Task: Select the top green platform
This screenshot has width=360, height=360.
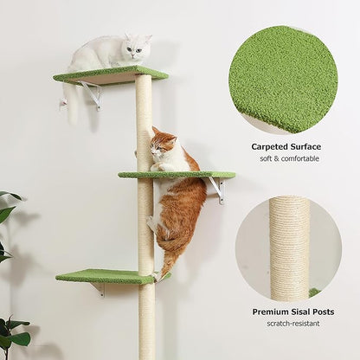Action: (x=110, y=74)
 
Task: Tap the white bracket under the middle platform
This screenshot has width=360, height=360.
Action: (x=216, y=190)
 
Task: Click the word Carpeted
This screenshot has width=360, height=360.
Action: (x=273, y=146)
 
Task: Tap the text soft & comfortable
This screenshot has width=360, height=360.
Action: (x=286, y=158)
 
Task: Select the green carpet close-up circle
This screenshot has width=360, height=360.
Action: (x=282, y=79)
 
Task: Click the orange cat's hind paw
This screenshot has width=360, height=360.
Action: (x=160, y=274)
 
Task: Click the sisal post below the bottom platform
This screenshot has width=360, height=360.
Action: (x=146, y=320)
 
